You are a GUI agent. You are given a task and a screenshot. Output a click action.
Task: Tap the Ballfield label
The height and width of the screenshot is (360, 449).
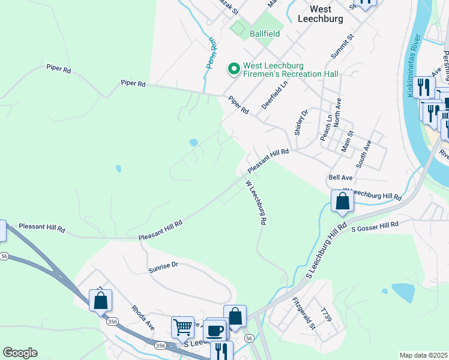click(x=265, y=34)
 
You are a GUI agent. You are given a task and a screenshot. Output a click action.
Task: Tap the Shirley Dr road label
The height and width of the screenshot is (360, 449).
click(x=301, y=122)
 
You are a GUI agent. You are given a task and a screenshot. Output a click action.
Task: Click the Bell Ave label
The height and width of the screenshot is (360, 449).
click(x=340, y=178)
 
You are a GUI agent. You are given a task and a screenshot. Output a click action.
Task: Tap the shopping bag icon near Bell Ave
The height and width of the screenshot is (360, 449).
click(x=342, y=202)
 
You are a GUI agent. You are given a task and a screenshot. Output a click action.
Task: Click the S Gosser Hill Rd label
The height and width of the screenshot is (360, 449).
click(x=375, y=226)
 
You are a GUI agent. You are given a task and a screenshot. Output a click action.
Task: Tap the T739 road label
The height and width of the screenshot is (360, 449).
click(x=326, y=316)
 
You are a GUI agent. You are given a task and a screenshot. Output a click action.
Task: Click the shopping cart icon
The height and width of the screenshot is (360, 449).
click(x=182, y=327)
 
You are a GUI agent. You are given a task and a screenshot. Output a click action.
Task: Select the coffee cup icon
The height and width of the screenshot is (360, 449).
click(x=215, y=330)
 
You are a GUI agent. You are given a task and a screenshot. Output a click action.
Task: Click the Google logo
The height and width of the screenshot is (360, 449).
click(x=20, y=353)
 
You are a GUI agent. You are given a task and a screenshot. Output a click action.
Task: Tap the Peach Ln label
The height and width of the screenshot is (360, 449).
click(x=324, y=128)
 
